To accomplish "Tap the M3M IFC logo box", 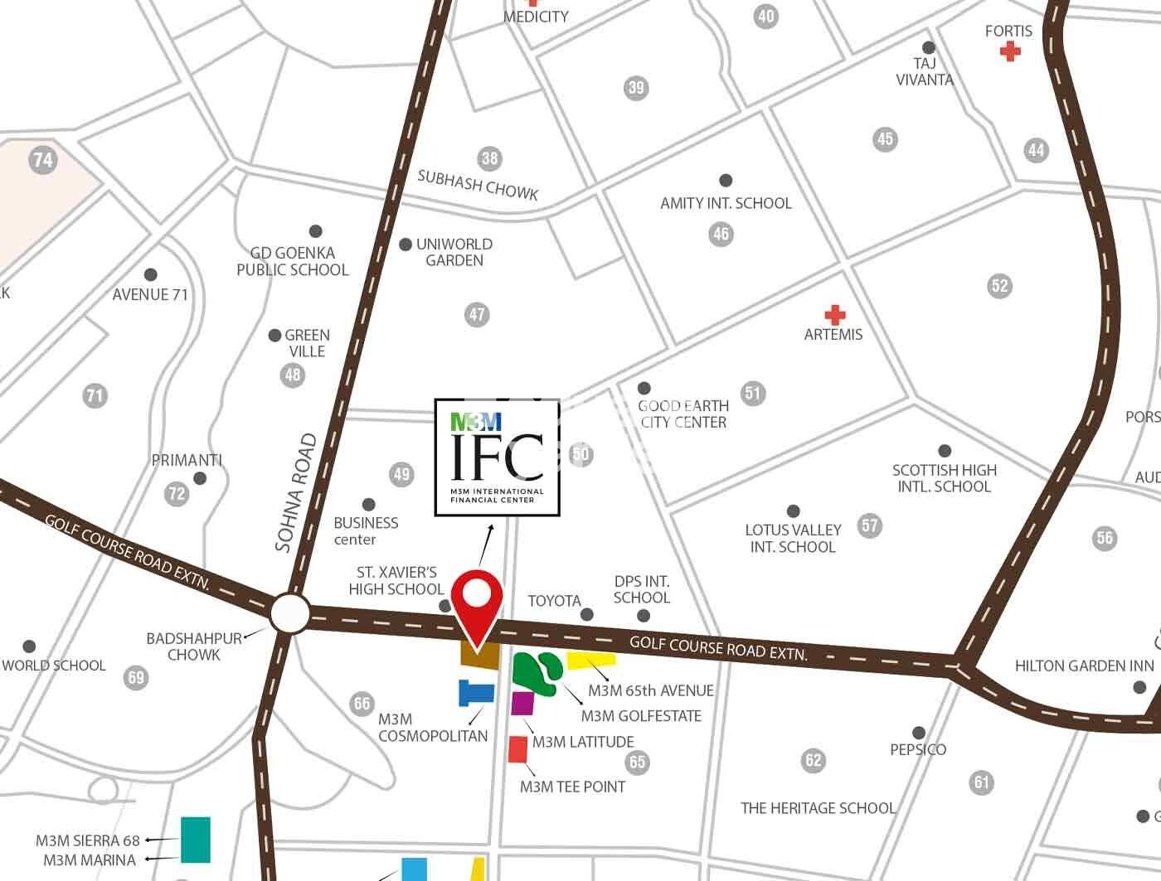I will pos(498,457).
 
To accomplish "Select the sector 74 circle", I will pos(42,159).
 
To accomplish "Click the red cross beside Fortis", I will pos(1009,51).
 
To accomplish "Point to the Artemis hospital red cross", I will pos(834,315).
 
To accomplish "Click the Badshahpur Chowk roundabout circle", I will pos(289,615).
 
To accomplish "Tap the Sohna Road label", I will pos(296,492).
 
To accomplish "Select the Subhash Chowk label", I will pos(478,185).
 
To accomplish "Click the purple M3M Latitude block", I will pos(522,703).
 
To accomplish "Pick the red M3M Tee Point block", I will pos(517,749).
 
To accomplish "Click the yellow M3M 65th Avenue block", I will pos(591,660).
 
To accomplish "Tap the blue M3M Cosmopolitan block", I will pos(475,693).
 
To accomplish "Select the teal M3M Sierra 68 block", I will pos(196,840).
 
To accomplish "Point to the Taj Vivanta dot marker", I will pos(929,47).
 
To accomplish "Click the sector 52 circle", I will pos(1000,286).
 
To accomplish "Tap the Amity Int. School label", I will pos(726,203).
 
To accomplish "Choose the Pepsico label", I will pos(918,749).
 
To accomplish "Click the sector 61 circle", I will pos(982,782).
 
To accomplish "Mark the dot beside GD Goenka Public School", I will pos(315,231).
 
